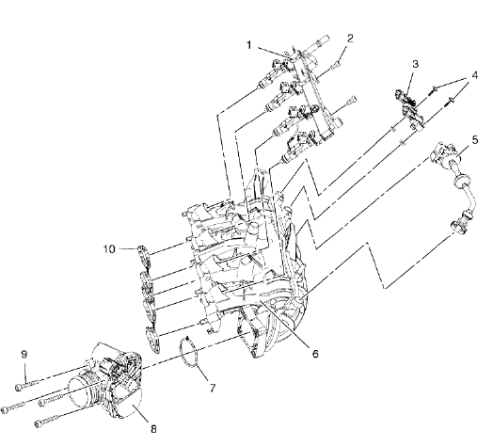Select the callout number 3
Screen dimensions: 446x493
(414, 65)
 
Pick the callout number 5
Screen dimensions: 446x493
(475, 140)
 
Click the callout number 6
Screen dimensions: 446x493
(315, 355)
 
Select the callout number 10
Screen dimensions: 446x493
(110, 249)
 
